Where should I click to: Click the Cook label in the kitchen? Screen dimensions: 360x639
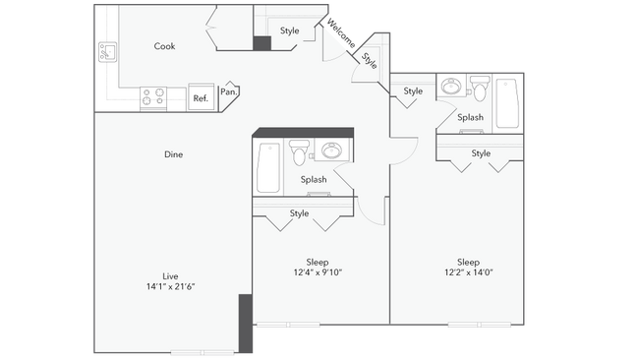click(164, 46)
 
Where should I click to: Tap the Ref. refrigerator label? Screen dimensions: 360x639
click(200, 97)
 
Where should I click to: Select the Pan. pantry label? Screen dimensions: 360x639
click(227, 92)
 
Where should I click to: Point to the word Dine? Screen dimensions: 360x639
click(174, 154)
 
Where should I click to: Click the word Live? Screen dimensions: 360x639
click(171, 275)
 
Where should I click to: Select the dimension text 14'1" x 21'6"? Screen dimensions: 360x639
click(172, 286)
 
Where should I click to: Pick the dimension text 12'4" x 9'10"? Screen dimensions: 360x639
click(317, 272)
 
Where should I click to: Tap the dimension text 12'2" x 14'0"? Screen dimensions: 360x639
click(468, 272)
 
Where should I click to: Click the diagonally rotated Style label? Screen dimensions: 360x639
click(369, 59)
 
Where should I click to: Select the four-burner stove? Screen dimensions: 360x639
click(153, 97)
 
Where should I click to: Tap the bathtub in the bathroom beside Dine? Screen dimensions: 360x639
click(267, 167)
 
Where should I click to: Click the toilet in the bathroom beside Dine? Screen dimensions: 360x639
click(301, 152)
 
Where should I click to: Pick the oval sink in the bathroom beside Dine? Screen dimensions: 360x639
click(331, 151)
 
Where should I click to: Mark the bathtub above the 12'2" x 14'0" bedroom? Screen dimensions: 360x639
click(509, 102)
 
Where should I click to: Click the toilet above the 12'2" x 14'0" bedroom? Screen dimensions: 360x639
click(480, 88)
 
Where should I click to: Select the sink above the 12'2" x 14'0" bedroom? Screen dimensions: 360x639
click(452, 87)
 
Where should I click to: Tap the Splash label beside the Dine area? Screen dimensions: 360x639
click(314, 180)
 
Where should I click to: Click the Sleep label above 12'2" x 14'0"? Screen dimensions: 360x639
click(468, 262)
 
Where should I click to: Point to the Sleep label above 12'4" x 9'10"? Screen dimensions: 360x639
click(317, 262)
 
